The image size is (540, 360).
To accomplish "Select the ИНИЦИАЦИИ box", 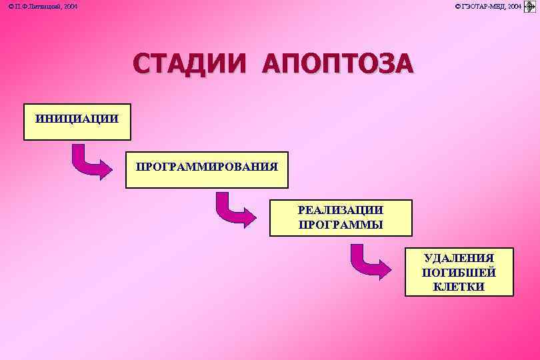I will pos(77,121).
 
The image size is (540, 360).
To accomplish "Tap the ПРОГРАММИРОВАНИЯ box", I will pos(207,169).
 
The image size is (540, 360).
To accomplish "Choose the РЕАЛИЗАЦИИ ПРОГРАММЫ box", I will pos(341,217).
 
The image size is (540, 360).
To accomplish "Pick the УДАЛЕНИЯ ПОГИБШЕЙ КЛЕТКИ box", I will pos(459,272).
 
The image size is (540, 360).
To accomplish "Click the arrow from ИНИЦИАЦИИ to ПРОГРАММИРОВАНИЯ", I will pos(91,163).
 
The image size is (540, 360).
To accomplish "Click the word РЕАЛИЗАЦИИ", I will pos(341,210).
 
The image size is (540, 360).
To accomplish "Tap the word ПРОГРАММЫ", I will pos(341,225).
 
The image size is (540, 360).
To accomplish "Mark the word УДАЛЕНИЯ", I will pos(459,258).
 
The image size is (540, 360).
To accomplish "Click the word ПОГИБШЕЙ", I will pos(459,272).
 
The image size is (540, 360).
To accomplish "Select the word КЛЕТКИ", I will pos(459,287).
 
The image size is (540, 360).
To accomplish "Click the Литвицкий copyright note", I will pos(43,6).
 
